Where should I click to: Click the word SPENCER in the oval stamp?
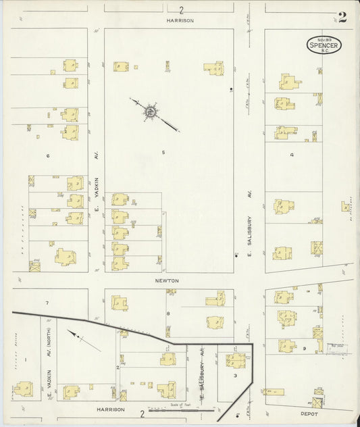324,45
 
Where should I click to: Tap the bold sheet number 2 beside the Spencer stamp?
342,18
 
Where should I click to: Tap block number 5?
163,152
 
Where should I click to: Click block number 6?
48,155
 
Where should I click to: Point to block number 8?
168,313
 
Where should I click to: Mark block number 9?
305,349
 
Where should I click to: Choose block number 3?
234,375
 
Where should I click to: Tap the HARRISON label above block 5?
180,20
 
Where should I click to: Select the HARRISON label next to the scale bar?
111,409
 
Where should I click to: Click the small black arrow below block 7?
84,341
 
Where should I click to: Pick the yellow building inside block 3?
236,359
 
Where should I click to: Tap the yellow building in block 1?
22,389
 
